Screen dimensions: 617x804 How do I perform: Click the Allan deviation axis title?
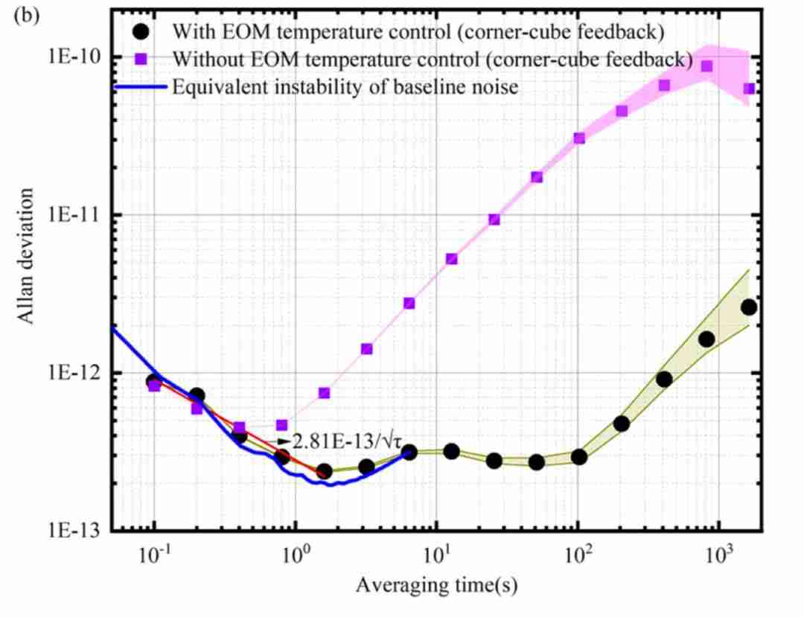[26, 256]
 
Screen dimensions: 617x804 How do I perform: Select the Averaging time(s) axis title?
[436, 586]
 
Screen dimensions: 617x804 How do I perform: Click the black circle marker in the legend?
[138, 32]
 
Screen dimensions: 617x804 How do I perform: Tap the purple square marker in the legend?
[138, 60]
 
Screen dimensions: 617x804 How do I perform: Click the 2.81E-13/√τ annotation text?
[343, 441]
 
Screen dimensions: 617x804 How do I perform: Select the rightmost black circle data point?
[749, 307]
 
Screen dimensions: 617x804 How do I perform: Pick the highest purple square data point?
[706, 66]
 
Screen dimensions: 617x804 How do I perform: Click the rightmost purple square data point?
[749, 89]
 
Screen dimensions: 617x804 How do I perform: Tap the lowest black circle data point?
[324, 471]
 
